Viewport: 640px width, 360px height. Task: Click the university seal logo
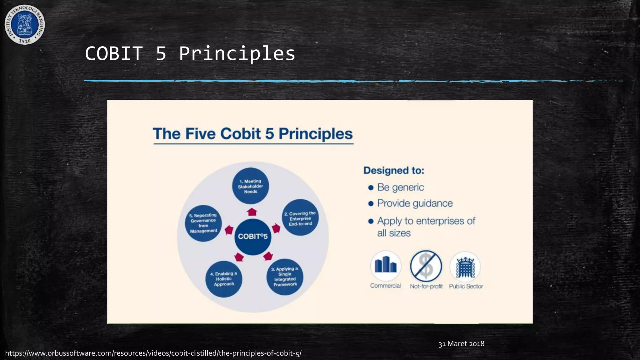click(25, 24)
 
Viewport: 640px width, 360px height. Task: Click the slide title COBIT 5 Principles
click(190, 53)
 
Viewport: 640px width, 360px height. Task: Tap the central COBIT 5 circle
click(252, 237)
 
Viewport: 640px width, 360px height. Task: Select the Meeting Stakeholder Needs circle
click(250, 186)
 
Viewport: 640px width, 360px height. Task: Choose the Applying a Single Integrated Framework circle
click(284, 277)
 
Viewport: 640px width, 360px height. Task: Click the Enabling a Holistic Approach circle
click(224, 279)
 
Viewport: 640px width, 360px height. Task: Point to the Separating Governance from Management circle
click(203, 223)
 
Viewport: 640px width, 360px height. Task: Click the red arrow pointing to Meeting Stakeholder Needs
click(252, 212)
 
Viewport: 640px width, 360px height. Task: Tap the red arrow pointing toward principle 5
click(229, 230)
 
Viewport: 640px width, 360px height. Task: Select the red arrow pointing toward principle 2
click(276, 228)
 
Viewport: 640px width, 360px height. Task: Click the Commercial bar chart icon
click(386, 266)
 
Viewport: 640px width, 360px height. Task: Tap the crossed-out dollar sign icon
click(426, 266)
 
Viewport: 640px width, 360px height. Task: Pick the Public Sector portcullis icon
click(465, 267)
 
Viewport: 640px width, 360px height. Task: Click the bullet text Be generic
click(400, 187)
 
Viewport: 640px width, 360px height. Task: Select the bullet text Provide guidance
click(415, 203)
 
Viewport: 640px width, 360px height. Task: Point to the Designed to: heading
click(394, 171)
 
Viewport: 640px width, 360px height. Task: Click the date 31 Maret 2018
click(461, 344)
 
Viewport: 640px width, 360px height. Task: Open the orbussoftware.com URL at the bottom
click(153, 353)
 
